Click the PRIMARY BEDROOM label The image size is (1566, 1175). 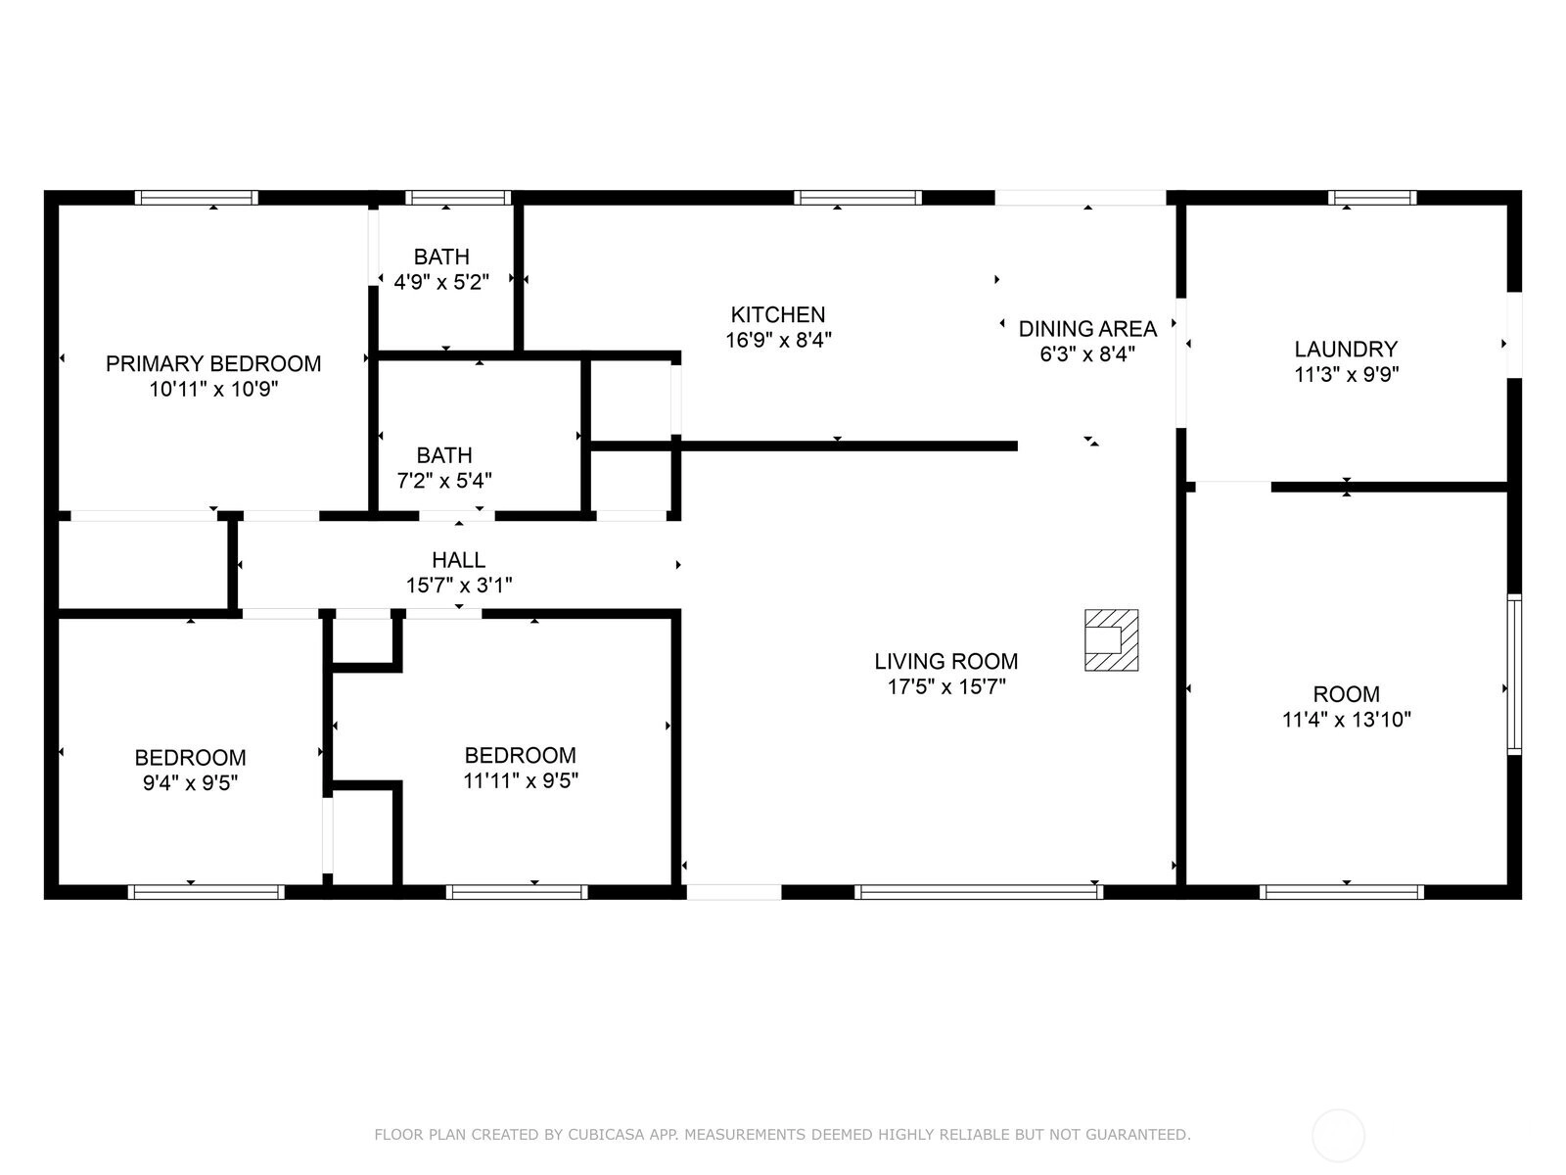(213, 364)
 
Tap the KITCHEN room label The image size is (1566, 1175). (778, 314)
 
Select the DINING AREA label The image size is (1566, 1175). (1087, 329)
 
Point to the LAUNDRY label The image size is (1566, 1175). (1346, 349)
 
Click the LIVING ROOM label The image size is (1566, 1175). (946, 661)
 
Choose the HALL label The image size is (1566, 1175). (459, 560)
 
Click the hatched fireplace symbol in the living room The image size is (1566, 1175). (1111, 640)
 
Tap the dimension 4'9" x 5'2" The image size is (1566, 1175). (441, 283)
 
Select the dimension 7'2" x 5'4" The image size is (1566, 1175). (444, 481)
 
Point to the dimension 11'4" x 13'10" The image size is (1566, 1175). (1346, 719)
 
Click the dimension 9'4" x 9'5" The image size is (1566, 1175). (190, 783)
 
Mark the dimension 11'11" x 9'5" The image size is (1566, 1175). (520, 781)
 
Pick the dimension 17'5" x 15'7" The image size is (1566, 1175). (946, 687)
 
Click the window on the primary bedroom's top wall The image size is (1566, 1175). (196, 198)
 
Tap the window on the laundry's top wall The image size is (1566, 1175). (1372, 198)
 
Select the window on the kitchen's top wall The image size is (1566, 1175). (857, 198)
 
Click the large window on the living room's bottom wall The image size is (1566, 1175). (978, 892)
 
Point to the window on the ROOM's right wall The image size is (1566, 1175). (1514, 675)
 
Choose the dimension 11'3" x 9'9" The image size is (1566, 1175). (1346, 375)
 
